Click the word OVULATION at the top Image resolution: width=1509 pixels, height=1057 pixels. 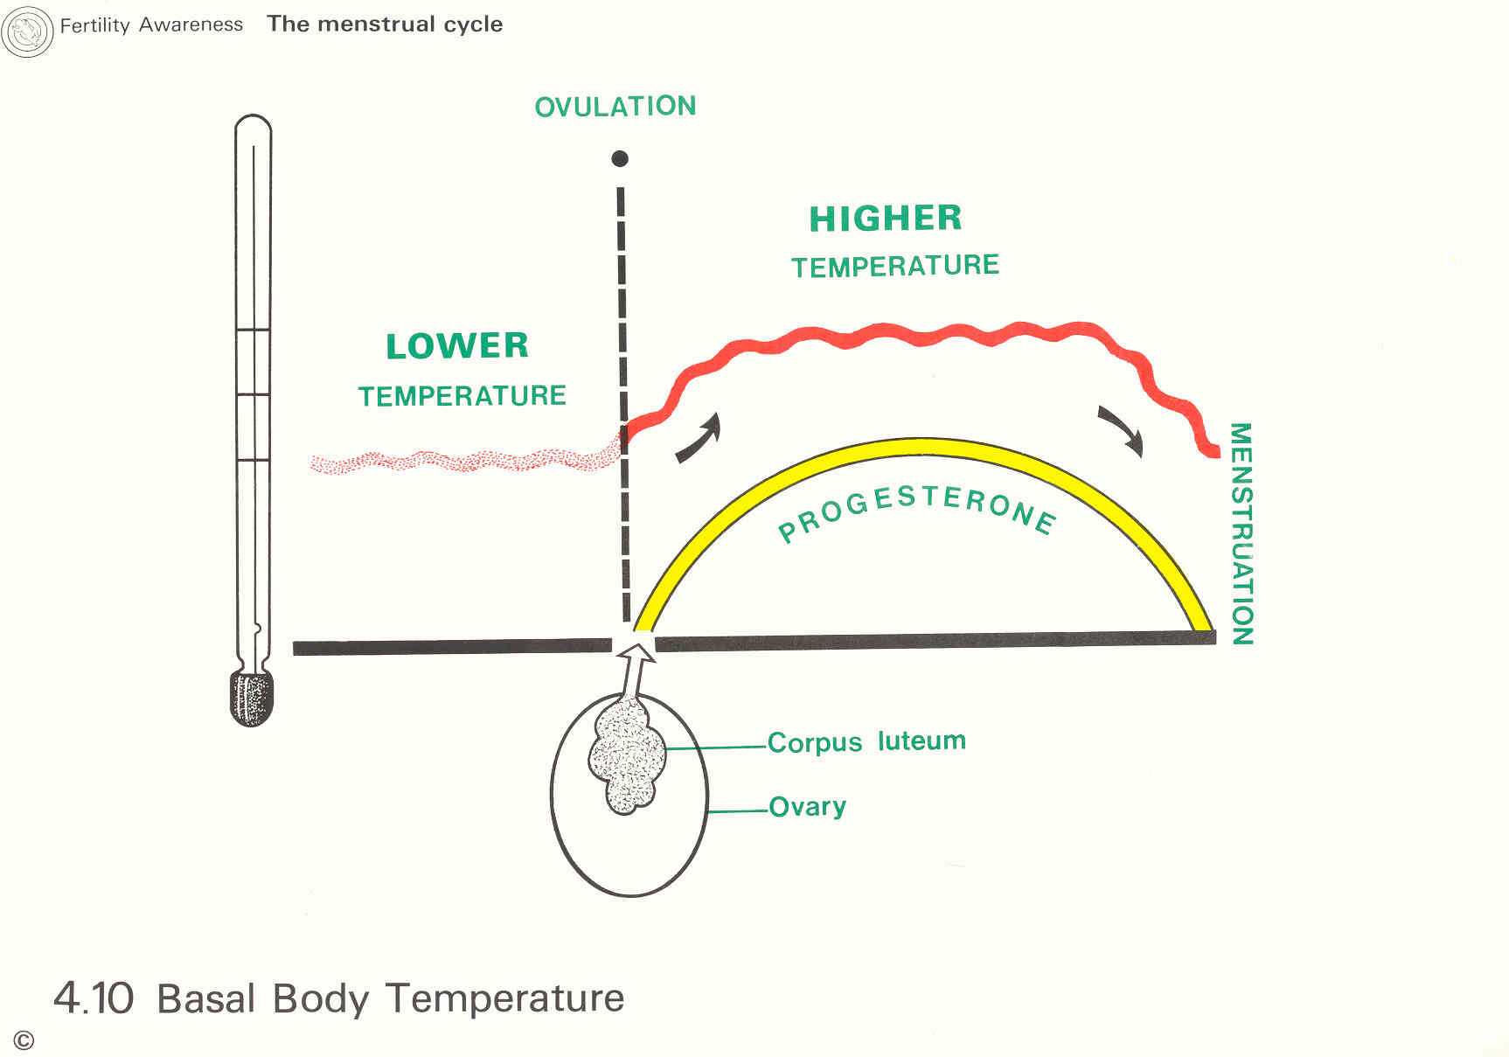click(x=615, y=107)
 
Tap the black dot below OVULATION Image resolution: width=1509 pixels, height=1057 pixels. click(x=620, y=158)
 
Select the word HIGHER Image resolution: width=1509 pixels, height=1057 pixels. click(x=886, y=219)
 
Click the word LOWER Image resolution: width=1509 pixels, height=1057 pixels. click(x=457, y=346)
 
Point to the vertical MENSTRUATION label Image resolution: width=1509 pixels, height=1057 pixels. click(x=1241, y=533)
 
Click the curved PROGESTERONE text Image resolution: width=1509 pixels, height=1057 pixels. click(x=918, y=511)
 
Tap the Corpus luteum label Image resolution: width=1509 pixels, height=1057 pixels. click(x=866, y=741)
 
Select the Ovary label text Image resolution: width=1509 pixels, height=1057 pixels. click(x=807, y=806)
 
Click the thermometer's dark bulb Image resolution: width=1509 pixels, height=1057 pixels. click(x=252, y=698)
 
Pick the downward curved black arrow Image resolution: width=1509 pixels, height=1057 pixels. click(x=1122, y=430)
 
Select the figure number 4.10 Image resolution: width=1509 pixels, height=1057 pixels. click(x=94, y=998)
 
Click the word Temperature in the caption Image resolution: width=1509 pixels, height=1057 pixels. click(x=504, y=998)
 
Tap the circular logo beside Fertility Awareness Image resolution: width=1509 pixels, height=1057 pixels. click(x=28, y=32)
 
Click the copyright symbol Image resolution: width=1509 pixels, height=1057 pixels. click(x=24, y=1040)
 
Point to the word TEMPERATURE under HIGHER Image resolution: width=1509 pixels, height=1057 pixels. click(x=895, y=266)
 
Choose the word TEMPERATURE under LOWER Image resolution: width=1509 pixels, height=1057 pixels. click(x=462, y=396)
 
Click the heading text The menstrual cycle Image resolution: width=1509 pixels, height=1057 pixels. click(x=385, y=24)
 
